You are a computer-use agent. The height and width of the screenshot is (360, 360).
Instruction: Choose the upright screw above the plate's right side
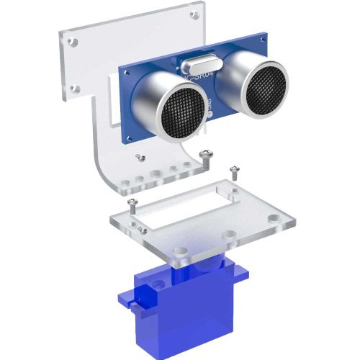pos(233,171)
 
